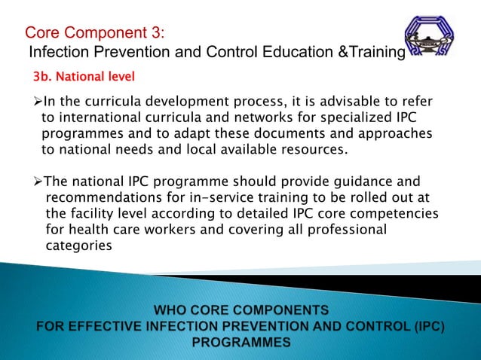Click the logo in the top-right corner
430,37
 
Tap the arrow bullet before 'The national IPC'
38,182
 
